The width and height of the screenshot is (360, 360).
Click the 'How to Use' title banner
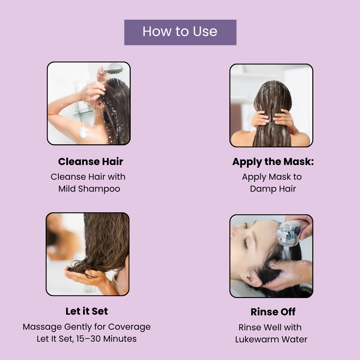click(180, 32)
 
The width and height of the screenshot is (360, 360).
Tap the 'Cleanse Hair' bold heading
click(91, 162)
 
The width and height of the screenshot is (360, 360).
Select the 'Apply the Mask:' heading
click(273, 162)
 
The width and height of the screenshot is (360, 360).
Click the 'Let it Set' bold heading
click(87, 311)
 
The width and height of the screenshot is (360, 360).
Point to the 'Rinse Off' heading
click(273, 312)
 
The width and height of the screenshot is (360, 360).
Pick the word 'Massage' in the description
click(42, 327)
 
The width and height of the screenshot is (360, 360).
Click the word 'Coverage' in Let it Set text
click(129, 327)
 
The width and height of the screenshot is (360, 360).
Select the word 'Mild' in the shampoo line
click(67, 189)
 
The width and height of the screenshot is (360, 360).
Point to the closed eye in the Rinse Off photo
click(245, 243)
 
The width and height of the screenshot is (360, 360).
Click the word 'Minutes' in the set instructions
click(120, 339)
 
